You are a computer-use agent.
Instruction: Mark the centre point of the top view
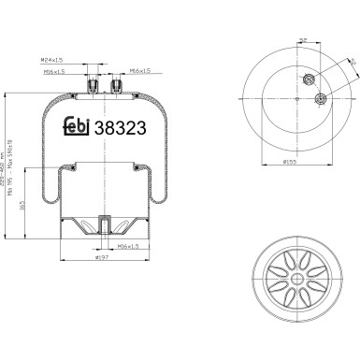pos(294,100)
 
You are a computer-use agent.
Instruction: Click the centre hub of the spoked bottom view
pos(295,281)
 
